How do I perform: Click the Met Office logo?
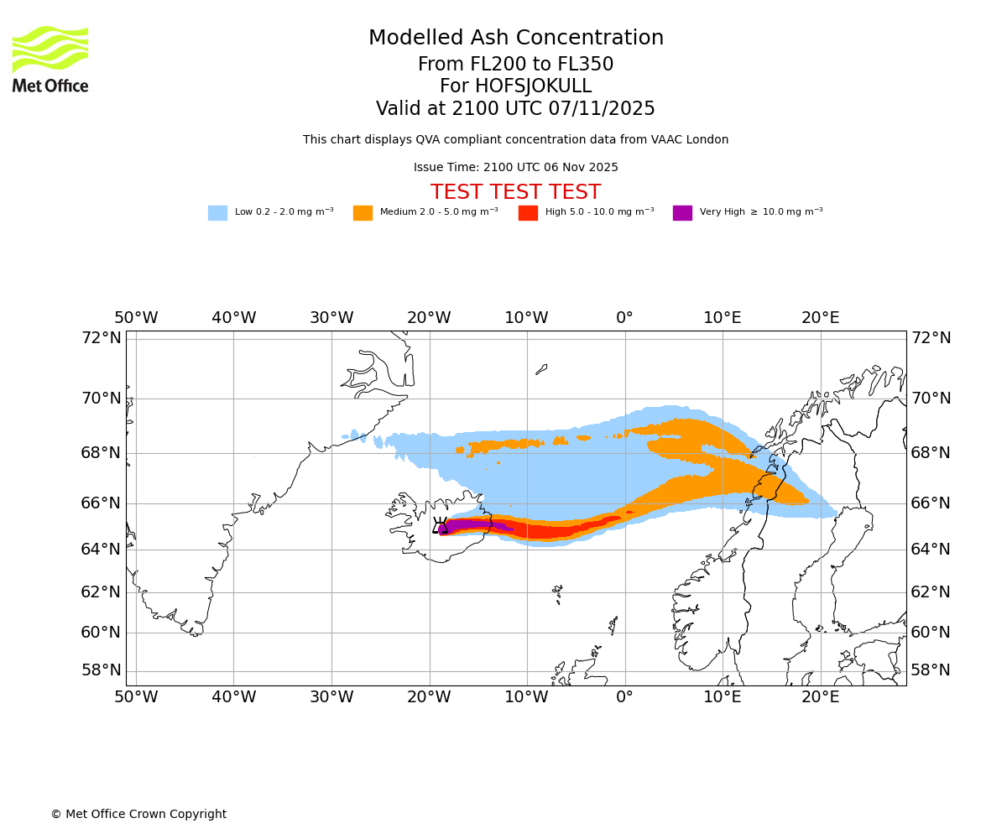[x=50, y=59]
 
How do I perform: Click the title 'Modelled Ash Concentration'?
[x=516, y=39]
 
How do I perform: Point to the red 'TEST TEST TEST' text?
[x=515, y=193]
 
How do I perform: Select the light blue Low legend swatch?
[x=217, y=213]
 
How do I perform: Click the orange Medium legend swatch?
[x=363, y=213]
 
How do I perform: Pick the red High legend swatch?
[x=528, y=213]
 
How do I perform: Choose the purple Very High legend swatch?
[x=682, y=213]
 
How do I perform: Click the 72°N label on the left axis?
[x=101, y=338]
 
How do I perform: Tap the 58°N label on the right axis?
[x=931, y=670]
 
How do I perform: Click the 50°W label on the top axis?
[x=136, y=318]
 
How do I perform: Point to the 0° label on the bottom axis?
[x=624, y=697]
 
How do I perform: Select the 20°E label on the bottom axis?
[x=820, y=697]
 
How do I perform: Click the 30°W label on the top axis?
[x=331, y=318]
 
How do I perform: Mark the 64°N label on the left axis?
[x=101, y=550]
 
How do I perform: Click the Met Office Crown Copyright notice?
[x=138, y=815]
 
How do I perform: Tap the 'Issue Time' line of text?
[x=515, y=168]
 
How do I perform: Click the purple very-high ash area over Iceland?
[x=470, y=525]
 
